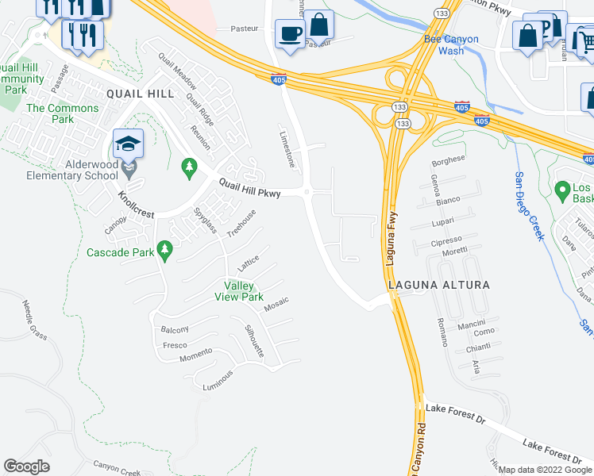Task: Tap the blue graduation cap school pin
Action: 128,144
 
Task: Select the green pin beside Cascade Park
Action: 165,251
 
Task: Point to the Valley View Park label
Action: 239,291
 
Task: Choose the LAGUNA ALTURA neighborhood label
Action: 438,284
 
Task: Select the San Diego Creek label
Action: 529,206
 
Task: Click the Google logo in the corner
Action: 26,466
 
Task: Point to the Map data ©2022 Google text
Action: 545,470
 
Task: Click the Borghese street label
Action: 445,162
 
